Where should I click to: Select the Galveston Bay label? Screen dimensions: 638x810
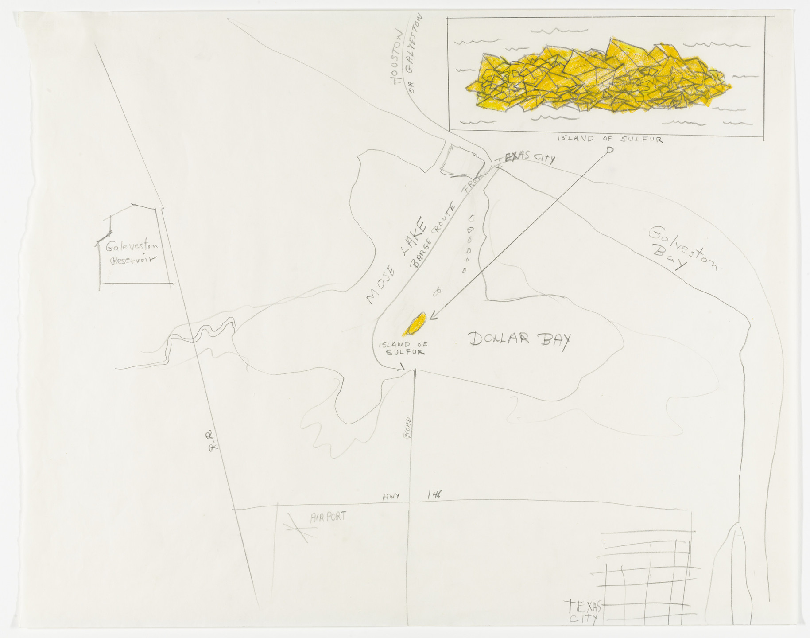tap(682, 249)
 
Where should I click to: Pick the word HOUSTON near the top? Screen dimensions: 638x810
tap(395, 58)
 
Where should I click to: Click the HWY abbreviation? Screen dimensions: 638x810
tap(391, 497)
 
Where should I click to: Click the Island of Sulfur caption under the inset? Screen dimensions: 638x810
tap(609, 139)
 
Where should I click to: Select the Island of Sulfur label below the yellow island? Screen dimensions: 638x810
tap(402, 348)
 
